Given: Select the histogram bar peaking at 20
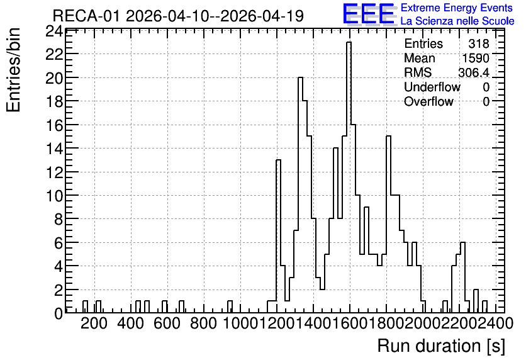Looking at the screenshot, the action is [300, 195].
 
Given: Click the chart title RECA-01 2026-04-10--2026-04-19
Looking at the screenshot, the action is [179, 16].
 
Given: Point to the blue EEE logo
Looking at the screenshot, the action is [369, 14].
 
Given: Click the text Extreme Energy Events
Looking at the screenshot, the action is [457, 8].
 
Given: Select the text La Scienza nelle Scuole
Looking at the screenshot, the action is [457, 21].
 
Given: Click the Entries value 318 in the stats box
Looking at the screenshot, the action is [479, 43].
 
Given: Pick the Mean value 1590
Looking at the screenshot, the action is [476, 58].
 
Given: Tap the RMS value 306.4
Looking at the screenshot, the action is [474, 72].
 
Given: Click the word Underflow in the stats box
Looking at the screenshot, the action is [432, 87].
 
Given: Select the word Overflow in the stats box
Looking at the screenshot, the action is [428, 101].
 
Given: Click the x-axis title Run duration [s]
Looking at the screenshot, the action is [441, 346].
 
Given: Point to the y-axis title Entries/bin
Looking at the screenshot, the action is [13, 70].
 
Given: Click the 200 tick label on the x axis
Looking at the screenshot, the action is [94, 323].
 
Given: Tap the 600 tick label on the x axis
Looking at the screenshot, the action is [167, 323].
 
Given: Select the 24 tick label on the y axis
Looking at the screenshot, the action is [54, 31].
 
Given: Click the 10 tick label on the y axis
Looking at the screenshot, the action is [54, 196].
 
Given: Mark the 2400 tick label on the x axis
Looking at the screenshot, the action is [496, 323].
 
